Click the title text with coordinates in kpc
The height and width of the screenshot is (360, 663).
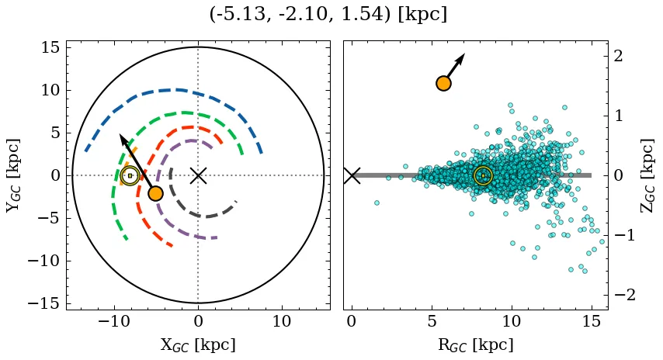328,15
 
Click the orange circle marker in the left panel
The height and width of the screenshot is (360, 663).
155,193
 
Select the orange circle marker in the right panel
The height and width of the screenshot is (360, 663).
444,83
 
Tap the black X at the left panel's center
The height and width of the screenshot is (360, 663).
198,175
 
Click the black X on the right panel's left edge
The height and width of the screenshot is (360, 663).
352,175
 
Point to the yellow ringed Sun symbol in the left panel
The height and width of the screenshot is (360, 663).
130,176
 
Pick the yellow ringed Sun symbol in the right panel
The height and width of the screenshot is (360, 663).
483,176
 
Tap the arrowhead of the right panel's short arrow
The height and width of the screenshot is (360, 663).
461,57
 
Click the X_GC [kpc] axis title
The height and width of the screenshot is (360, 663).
198,344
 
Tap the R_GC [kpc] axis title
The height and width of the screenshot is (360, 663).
475,344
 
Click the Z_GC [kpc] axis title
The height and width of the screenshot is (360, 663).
648,175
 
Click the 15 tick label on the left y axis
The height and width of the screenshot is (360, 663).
49,47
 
